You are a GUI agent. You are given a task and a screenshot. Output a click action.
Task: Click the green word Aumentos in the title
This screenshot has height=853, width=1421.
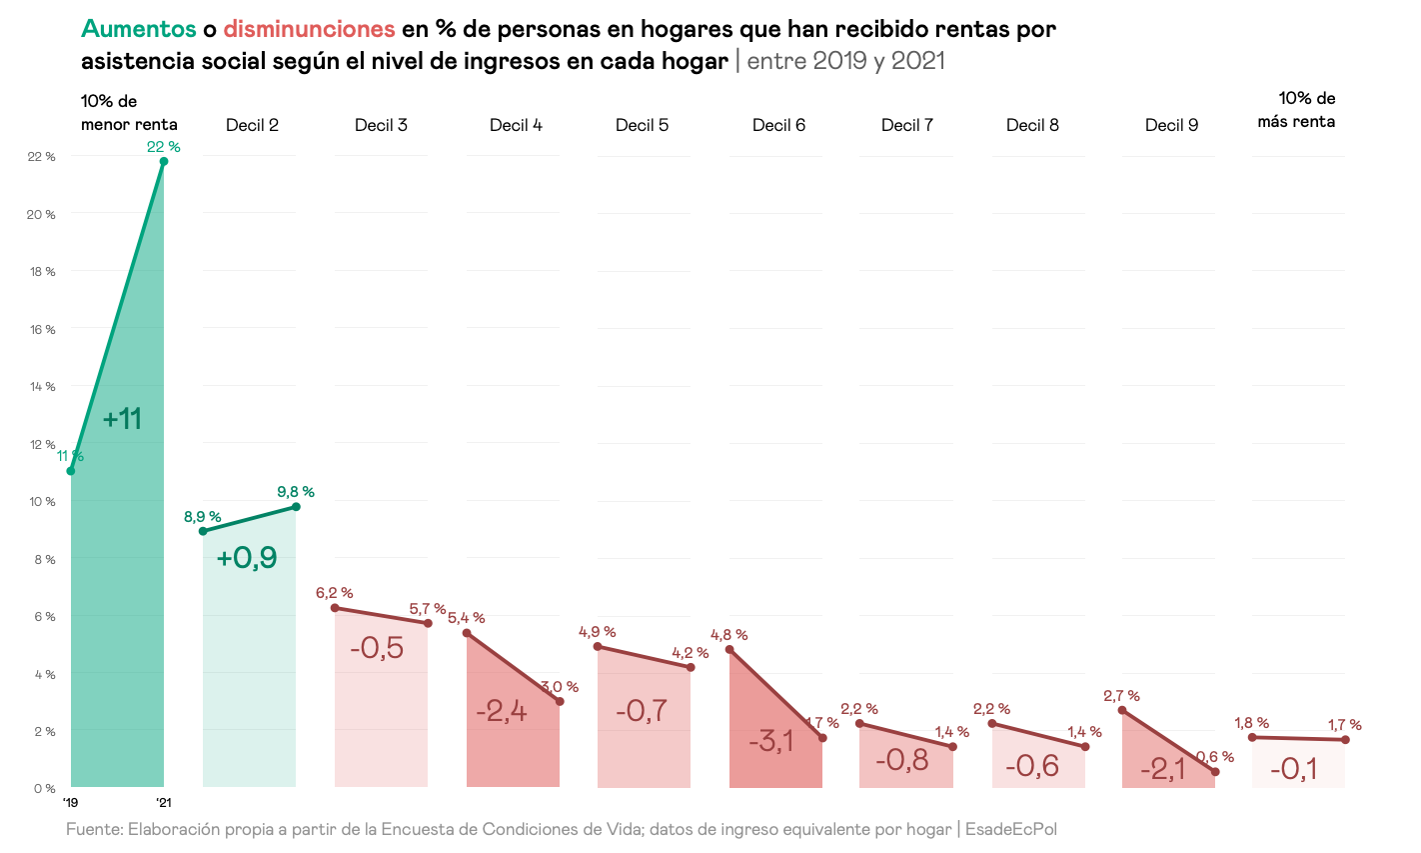[x=138, y=29]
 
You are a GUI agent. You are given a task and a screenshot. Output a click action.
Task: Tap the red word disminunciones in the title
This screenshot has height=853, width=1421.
[x=309, y=29]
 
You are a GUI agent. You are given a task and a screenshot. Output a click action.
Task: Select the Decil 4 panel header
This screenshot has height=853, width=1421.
[x=516, y=125]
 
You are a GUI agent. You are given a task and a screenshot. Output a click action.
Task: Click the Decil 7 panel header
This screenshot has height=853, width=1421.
[x=907, y=125]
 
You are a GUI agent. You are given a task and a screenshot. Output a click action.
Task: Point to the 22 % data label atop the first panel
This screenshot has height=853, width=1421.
[x=163, y=147]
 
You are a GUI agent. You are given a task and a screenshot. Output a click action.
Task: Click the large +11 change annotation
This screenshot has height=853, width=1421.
[x=123, y=419]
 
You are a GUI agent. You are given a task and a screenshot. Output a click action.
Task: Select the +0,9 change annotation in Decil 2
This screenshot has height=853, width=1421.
[x=247, y=558]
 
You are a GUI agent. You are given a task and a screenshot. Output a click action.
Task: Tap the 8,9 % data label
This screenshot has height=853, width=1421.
[x=202, y=517]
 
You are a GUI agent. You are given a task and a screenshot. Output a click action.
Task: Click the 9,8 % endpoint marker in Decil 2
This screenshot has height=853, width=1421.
[x=296, y=507]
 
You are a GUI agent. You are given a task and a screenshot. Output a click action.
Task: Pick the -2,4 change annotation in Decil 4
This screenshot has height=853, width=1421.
[x=502, y=712]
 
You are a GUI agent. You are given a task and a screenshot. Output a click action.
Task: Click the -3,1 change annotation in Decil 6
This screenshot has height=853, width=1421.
[x=771, y=741]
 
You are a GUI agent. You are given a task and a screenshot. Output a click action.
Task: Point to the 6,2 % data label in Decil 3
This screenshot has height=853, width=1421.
[x=334, y=593]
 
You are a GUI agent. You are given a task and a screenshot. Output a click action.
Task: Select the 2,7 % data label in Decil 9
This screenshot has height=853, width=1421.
[x=1121, y=696]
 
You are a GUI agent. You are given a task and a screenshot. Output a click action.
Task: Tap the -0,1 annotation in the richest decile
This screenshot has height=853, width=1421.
[x=1294, y=769]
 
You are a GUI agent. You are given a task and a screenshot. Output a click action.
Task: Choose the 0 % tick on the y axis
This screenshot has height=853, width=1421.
[x=44, y=789]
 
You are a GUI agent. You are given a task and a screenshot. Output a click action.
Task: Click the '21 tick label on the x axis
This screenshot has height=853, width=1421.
[x=164, y=803]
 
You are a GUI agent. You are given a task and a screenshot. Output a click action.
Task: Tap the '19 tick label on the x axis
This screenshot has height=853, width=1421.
[x=70, y=803]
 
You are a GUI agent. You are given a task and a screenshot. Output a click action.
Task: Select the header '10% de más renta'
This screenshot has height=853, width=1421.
[x=1296, y=110]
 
